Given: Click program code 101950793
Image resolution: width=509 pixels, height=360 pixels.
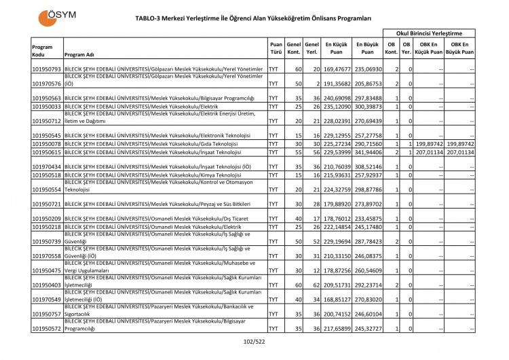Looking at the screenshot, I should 47,69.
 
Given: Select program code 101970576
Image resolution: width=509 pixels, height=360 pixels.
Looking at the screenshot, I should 47,84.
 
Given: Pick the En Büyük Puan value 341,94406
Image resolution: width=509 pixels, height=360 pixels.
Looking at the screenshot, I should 367,153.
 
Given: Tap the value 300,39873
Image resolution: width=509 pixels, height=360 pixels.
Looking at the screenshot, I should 367,107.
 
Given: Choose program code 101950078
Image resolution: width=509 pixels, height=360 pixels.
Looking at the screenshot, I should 47,144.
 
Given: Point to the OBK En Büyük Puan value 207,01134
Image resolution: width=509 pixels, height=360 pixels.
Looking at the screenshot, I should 459,153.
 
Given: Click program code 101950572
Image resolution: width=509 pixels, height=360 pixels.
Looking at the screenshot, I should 47,329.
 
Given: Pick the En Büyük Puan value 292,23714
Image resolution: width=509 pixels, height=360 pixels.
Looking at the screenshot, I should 367,285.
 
